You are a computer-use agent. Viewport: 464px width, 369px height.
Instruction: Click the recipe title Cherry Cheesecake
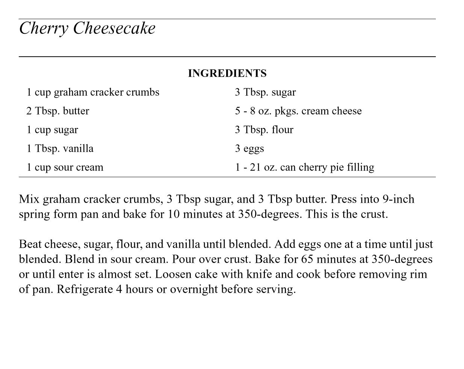[87, 29]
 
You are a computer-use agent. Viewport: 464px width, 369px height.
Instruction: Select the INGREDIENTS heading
[227, 73]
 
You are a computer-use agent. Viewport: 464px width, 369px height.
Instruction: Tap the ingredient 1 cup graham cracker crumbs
[93, 92]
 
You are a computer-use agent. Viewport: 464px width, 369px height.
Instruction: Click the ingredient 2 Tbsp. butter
[58, 111]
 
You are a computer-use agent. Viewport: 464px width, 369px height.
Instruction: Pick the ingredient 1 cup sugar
[52, 130]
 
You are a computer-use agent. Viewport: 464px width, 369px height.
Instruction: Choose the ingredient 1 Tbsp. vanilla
[60, 149]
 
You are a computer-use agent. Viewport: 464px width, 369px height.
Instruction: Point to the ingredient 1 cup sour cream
[65, 167]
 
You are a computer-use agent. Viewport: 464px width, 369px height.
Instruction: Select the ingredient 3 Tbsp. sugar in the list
[265, 92]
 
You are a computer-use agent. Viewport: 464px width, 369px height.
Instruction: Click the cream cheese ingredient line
[298, 111]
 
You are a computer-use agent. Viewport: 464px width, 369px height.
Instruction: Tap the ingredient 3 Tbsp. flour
[264, 130]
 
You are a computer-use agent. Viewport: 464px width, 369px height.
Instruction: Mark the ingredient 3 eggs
[249, 149]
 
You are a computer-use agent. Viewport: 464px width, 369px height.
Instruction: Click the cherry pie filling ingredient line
[305, 167]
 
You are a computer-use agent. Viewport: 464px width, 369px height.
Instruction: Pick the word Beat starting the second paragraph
[30, 244]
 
